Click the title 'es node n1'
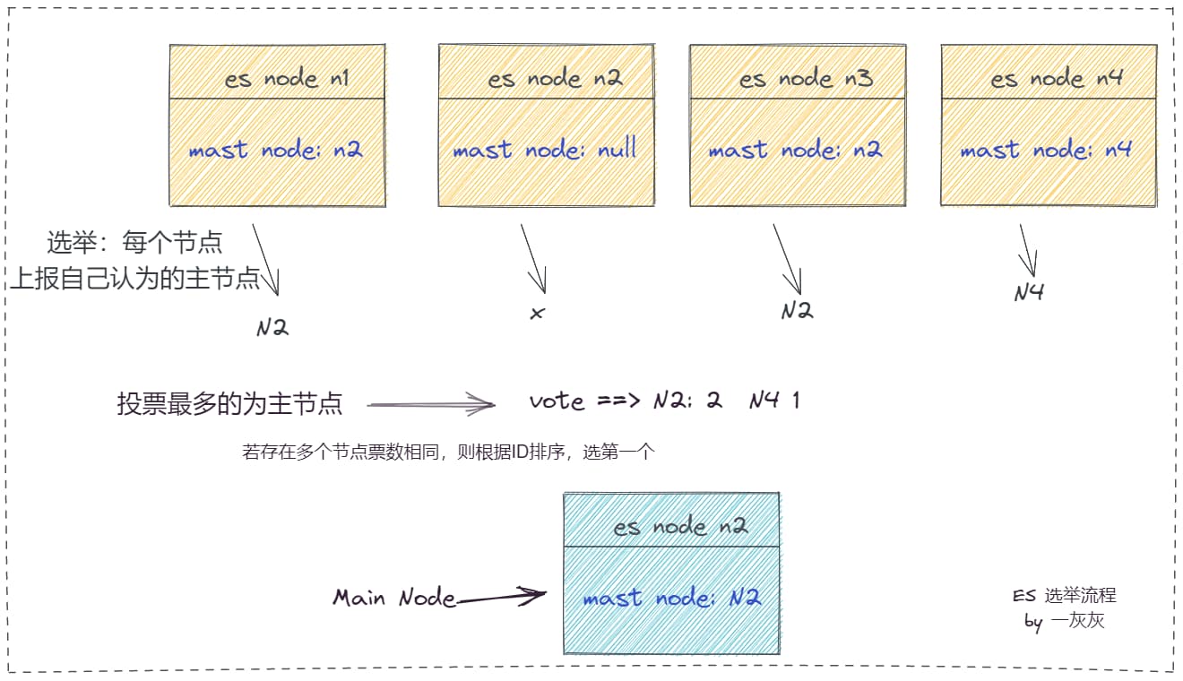click(x=287, y=79)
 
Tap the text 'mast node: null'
click(x=545, y=150)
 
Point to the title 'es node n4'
click(x=1057, y=79)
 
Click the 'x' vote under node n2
click(x=537, y=314)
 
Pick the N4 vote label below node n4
click(x=1029, y=292)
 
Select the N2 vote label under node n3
click(x=796, y=310)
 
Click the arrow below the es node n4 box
click(x=1028, y=250)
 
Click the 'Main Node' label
click(x=394, y=598)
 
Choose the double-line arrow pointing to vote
click(x=431, y=405)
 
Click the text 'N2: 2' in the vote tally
click(x=687, y=401)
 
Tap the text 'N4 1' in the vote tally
click(x=774, y=400)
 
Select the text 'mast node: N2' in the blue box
click(x=671, y=598)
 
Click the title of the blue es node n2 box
click(x=680, y=527)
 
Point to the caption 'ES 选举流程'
click(x=1065, y=596)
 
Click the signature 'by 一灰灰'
click(x=1065, y=620)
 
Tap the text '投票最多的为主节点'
click(x=229, y=404)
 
